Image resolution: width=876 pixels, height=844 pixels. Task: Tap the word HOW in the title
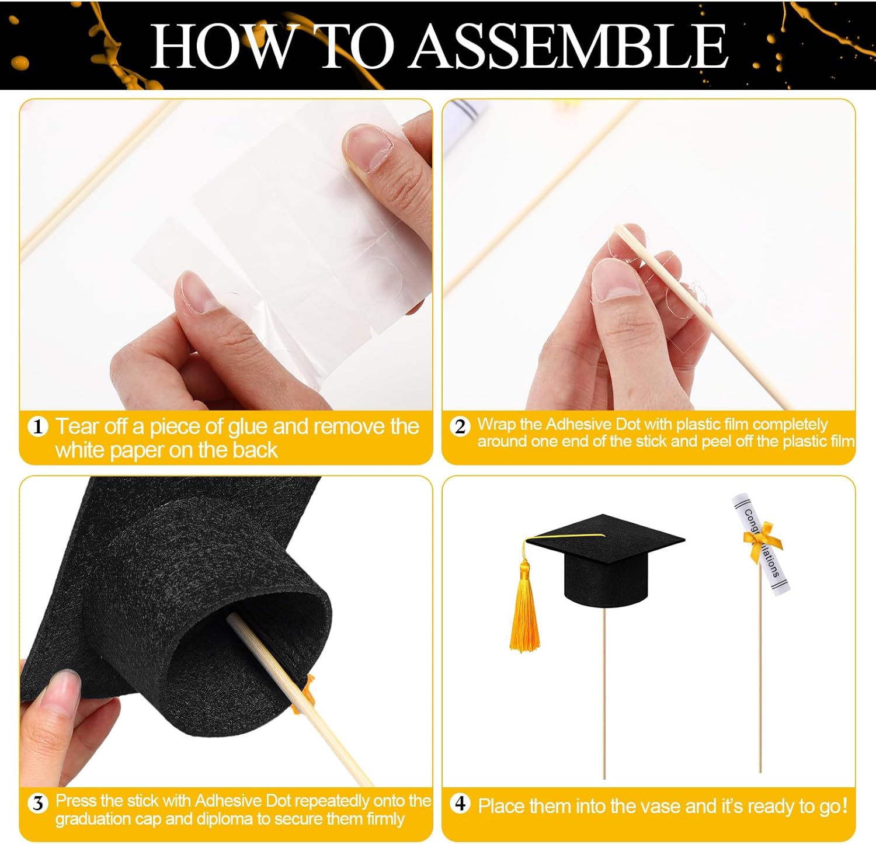point(222,47)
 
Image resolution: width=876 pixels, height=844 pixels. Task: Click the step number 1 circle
point(38,427)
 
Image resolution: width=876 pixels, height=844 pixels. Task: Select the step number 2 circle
point(460,426)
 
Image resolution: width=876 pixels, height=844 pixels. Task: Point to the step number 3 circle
point(38,804)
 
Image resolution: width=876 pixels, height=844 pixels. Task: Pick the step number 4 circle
point(460,804)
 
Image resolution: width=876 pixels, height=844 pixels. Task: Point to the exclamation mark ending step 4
point(843,806)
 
